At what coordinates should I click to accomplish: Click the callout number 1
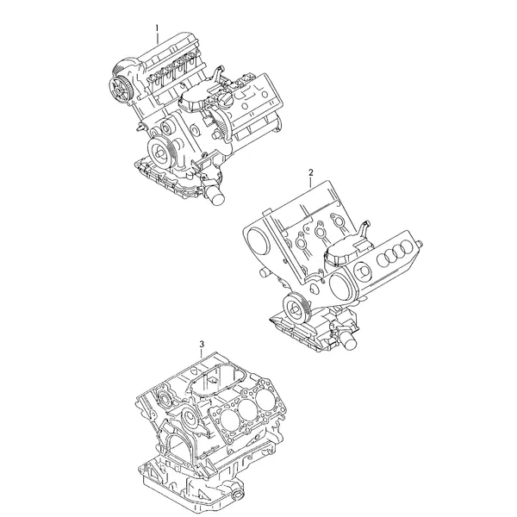click(x=158, y=28)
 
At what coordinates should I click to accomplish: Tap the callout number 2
click(x=311, y=172)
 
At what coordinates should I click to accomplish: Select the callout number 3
click(x=202, y=344)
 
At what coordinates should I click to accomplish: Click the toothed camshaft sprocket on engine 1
click(x=120, y=89)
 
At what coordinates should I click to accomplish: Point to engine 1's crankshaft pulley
click(x=160, y=153)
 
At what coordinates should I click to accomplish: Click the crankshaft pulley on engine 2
click(x=294, y=308)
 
